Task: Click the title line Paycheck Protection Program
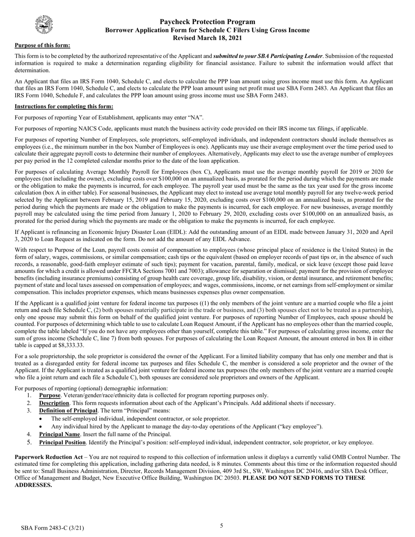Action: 207,22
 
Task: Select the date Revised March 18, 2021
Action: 207,38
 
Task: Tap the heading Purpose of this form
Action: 42,45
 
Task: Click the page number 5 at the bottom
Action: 221,526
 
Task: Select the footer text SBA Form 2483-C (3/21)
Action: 52,528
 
